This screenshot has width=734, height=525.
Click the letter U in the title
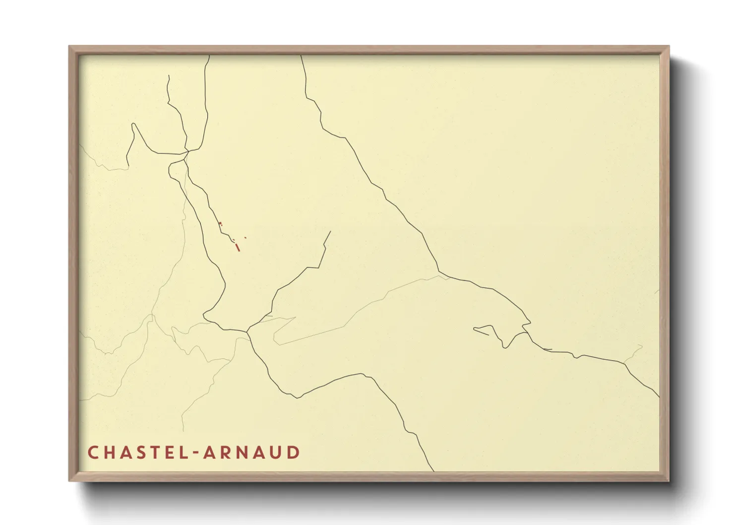tap(278, 453)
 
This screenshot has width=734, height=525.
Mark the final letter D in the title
tap(295, 453)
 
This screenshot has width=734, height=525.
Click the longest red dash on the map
tap(238, 247)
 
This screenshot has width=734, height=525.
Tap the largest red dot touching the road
tap(220, 224)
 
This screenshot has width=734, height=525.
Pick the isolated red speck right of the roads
tap(245, 238)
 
